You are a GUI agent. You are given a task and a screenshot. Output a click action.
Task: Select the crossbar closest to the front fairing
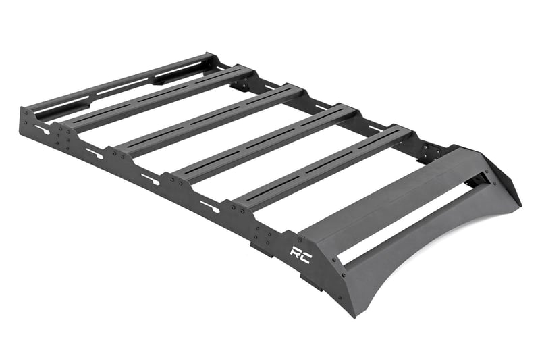[324, 165]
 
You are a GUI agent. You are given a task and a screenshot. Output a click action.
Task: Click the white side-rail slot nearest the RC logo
[209, 206]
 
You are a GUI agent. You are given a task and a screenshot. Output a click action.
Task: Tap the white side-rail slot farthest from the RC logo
[42, 128]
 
